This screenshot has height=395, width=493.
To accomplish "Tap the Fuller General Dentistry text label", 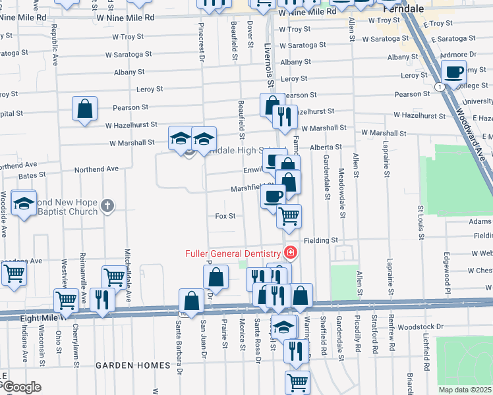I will [x=233, y=253].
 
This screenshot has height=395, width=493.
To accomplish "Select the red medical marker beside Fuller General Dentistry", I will [x=289, y=252].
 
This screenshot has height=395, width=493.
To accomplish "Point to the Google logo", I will [x=21, y=387].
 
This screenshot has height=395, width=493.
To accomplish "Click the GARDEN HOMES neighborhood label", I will [x=129, y=364].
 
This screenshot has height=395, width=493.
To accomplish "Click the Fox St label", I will [x=225, y=216].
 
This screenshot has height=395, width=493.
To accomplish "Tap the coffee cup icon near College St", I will [x=453, y=72].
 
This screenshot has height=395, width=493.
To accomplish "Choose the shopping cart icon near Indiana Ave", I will [x=14, y=273].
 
